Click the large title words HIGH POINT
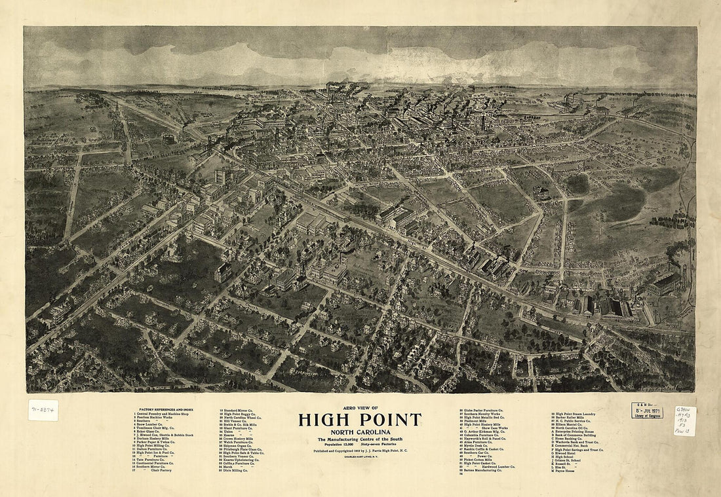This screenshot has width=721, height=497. [x=360, y=420]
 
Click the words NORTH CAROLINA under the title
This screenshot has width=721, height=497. [x=360, y=432]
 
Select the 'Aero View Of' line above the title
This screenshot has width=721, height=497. [x=360, y=409]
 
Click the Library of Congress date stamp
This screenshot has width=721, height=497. [x=647, y=411]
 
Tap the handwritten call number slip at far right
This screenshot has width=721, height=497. [x=684, y=420]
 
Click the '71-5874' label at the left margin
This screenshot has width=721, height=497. [x=43, y=410]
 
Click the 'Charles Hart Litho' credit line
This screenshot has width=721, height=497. [x=360, y=456]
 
